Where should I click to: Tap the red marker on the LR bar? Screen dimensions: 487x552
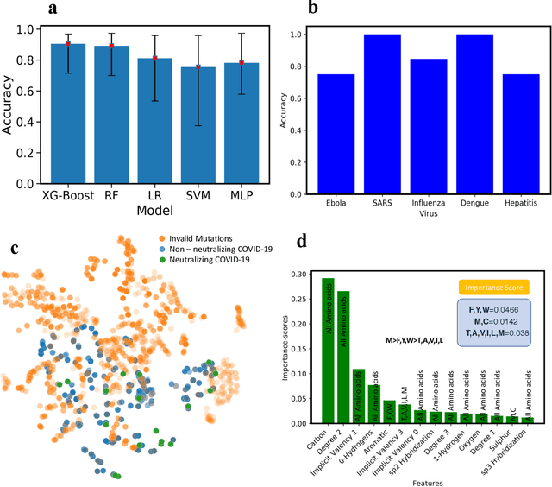coord(156,58)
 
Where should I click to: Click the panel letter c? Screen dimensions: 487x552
coord(15,250)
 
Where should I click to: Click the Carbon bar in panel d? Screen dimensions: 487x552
coord(328,351)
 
